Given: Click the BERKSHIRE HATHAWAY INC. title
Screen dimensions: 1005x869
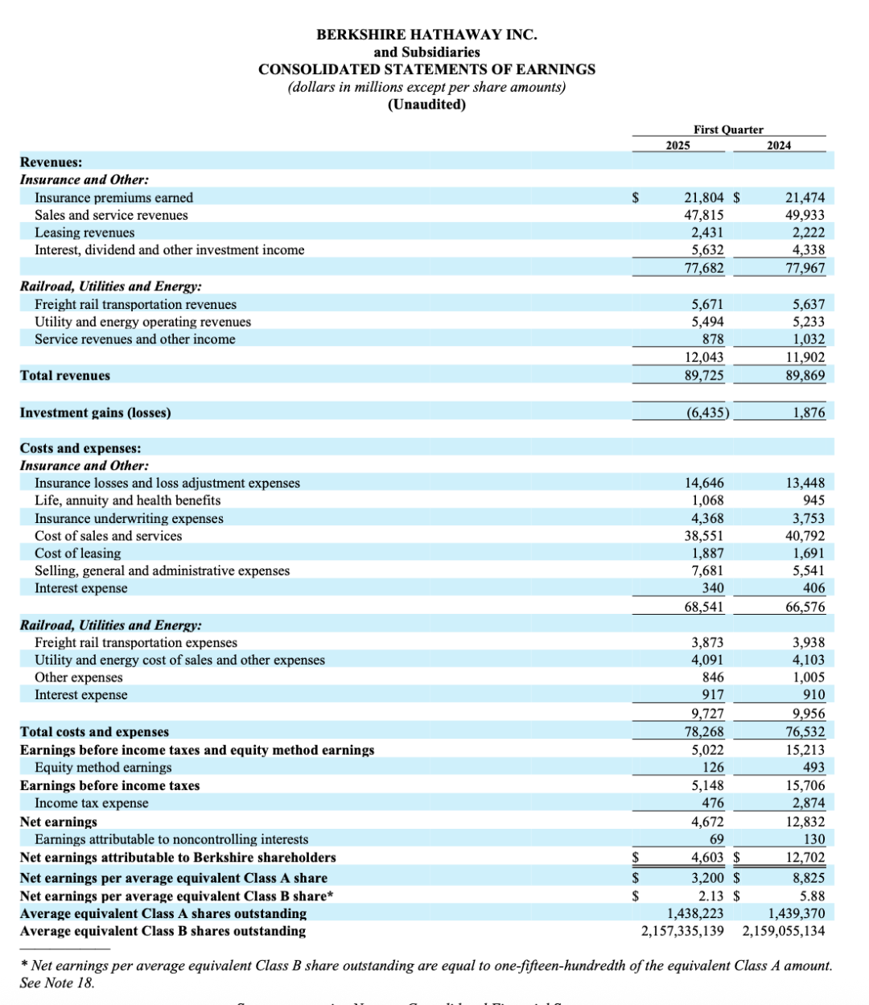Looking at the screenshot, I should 426,35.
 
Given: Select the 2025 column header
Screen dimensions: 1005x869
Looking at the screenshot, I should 678,146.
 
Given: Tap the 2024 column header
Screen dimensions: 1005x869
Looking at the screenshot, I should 779,146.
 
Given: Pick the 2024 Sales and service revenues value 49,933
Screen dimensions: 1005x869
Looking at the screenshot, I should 805,216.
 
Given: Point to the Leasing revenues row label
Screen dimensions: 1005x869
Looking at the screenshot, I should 84,233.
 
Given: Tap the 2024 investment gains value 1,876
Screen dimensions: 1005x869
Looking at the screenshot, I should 808,413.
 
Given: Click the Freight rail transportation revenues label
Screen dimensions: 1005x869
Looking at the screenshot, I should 135,304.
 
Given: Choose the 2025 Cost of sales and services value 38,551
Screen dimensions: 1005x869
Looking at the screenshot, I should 703,536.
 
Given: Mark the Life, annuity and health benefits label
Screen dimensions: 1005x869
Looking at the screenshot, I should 127,500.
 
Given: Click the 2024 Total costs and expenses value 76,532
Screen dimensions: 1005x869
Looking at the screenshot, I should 805,731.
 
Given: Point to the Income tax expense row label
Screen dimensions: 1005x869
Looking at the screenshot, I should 91,803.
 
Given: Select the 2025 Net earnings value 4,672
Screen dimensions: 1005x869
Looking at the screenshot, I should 707,822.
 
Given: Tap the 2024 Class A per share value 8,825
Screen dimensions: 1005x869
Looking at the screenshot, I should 808,878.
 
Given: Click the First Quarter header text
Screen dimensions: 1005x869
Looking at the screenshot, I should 728,130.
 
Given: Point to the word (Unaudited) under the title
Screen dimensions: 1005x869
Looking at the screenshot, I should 426,105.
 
